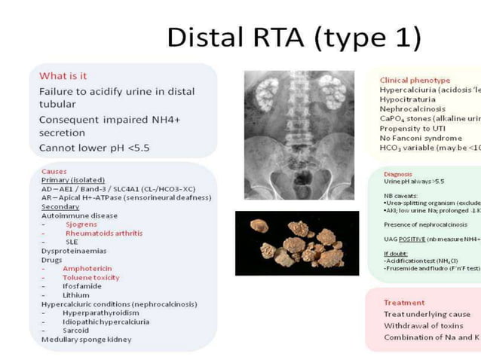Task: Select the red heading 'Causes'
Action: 54,172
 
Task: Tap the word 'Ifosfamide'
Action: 83,286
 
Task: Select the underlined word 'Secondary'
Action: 61,206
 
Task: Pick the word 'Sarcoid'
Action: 76,331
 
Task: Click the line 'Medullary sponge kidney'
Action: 86,340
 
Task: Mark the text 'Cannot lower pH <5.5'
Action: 93,148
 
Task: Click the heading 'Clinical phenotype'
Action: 415,80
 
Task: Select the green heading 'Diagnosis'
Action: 397,174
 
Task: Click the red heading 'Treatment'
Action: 404,303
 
